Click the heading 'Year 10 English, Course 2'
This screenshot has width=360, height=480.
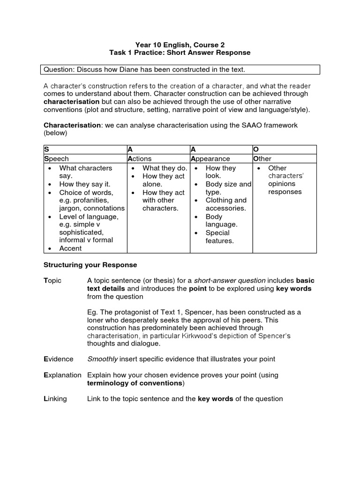[180, 45]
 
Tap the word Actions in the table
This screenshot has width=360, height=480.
[140, 159]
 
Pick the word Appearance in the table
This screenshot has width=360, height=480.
[210, 159]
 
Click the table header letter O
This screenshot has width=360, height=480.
[256, 149]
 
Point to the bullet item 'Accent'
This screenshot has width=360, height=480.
[70, 248]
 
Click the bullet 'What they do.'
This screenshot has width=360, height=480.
[165, 168]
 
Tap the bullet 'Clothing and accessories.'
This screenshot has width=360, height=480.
[225, 204]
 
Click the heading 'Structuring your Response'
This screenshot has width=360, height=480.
[90, 265]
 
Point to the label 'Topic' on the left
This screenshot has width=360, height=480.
[52, 280]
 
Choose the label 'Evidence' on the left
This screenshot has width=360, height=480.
[58, 359]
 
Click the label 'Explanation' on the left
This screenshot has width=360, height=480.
[62, 375]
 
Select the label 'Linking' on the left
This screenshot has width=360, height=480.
[55, 399]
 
